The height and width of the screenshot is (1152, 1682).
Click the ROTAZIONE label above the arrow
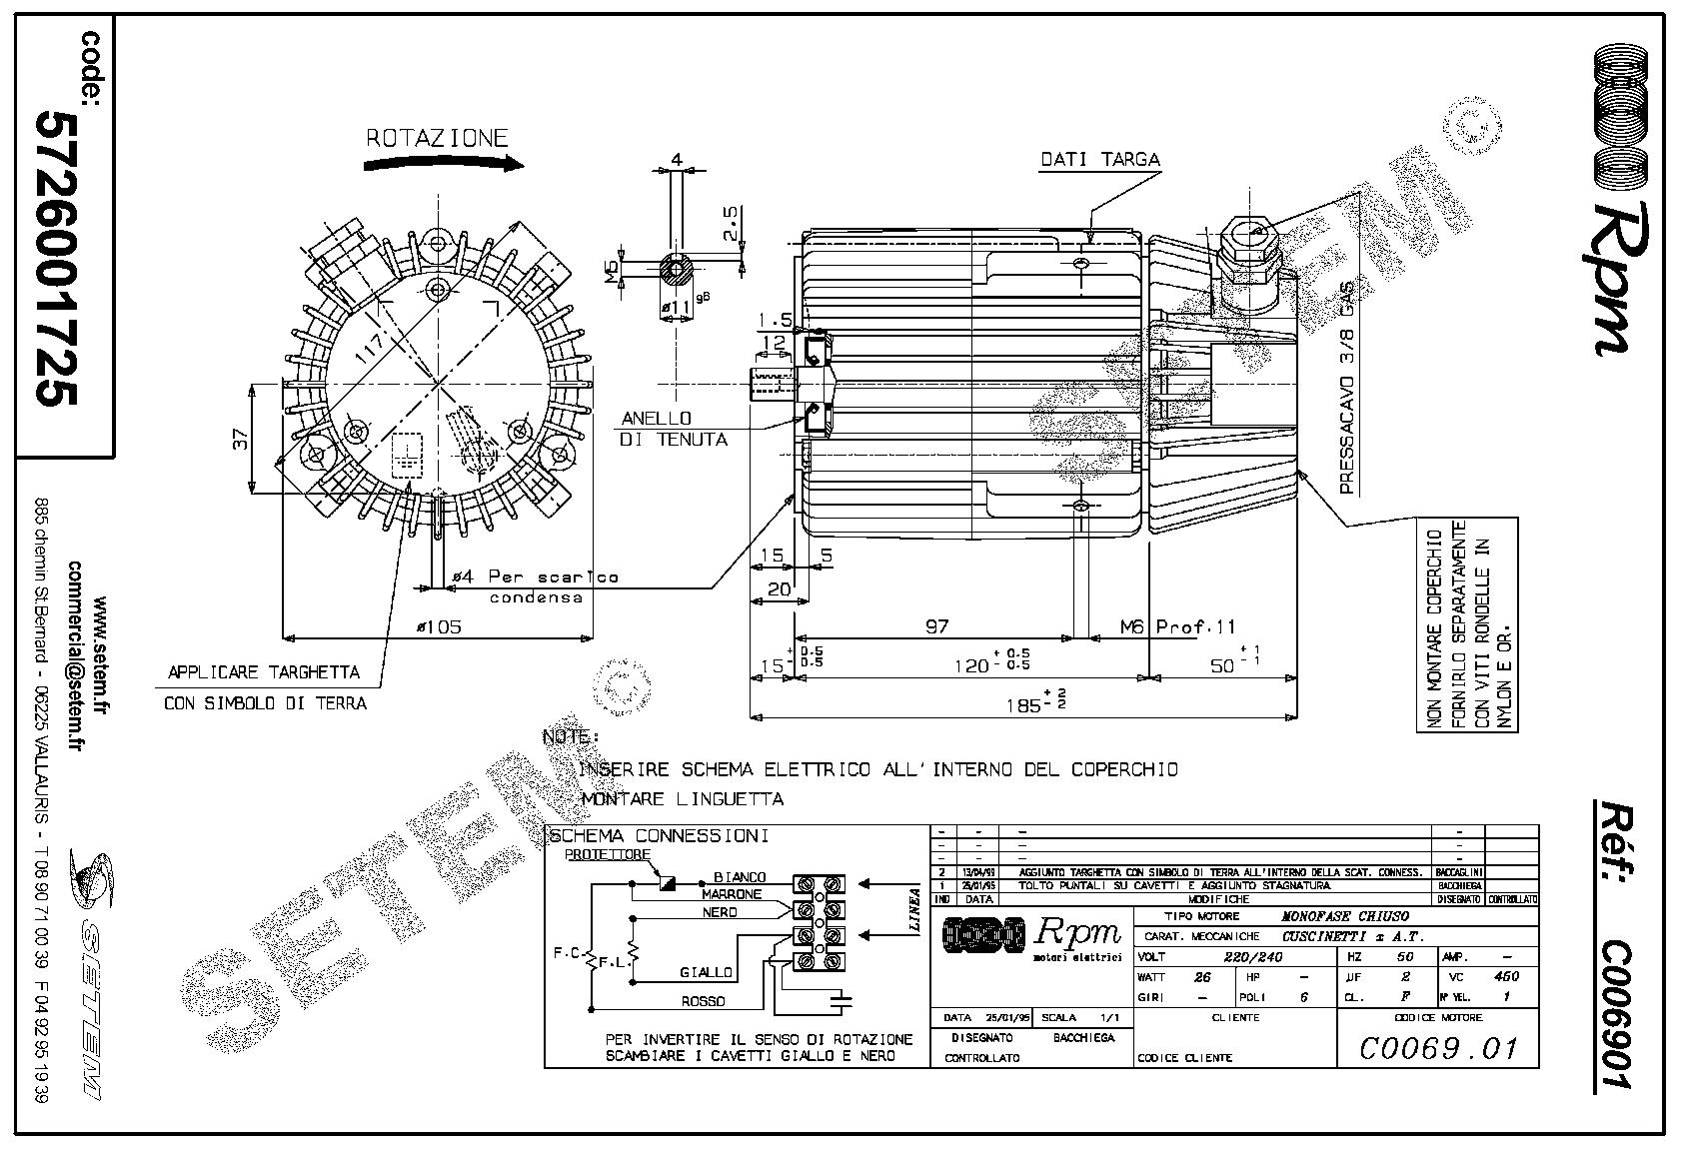click(437, 139)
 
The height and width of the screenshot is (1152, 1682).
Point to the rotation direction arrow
click(440, 164)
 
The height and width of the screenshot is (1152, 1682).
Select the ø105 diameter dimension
click(440, 626)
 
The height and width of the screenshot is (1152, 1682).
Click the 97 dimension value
click(936, 626)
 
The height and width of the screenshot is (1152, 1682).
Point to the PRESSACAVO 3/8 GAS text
click(1346, 388)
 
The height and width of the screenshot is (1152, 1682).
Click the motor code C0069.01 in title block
click(1438, 1048)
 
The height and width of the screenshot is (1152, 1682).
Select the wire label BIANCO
click(740, 877)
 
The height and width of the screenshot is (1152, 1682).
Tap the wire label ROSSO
click(703, 1000)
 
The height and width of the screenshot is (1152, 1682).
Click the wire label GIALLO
click(706, 972)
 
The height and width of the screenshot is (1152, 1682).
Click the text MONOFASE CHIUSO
click(1345, 916)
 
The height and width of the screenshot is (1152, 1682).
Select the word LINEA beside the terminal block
click(913, 909)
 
